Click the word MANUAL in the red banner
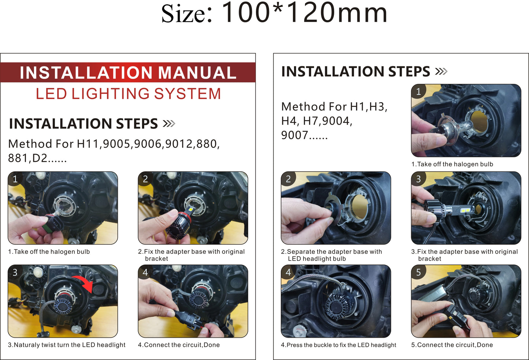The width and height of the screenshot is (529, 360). click(197, 73)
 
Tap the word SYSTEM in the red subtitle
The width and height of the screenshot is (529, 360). click(187, 93)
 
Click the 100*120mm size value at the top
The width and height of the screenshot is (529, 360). click(305, 12)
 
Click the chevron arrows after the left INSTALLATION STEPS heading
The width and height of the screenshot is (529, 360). click(169, 123)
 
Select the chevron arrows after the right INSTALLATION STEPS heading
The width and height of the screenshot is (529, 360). click(441, 71)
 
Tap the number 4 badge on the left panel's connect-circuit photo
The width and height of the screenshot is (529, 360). click(145, 272)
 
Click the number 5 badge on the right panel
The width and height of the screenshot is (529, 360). click(418, 272)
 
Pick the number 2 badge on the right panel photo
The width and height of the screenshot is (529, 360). click(288, 179)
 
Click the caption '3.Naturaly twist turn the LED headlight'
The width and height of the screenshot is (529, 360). click(67, 345)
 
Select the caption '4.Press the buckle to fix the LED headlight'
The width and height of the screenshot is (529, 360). click(338, 345)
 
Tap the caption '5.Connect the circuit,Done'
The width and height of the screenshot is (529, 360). click(452, 345)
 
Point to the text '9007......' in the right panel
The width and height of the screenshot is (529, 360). click(304, 135)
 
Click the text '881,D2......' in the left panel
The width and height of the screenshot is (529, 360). click(37, 158)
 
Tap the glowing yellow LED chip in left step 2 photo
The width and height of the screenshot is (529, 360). click(191, 209)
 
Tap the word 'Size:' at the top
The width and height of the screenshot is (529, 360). click(187, 14)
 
